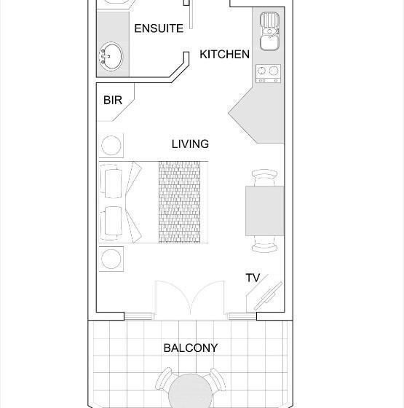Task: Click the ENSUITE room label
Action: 159,28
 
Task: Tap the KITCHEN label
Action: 224,54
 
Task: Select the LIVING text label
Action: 190,144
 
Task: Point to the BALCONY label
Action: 191,348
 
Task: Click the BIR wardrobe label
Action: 113,101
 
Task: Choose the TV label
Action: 253,278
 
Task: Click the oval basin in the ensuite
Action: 111,56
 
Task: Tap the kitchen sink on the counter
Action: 269,31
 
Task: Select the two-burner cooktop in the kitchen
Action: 269,74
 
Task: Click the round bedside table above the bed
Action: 111,145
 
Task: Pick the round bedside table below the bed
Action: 111,259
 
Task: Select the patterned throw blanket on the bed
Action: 179,203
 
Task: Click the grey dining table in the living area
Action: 265,211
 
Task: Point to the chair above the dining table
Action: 264,178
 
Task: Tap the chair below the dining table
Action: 264,244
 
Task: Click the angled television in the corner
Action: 269,296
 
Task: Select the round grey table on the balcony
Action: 190,391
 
